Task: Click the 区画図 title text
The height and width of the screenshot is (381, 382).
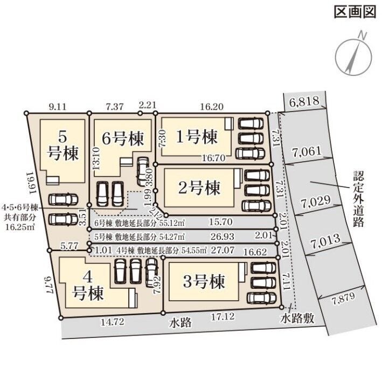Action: [x=355, y=12]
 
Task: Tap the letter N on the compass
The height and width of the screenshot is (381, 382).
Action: [x=363, y=36]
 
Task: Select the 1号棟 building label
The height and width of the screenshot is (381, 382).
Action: [x=197, y=137]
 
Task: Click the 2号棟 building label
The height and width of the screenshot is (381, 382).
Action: [x=199, y=188]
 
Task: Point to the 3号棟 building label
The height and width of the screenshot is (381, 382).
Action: [x=204, y=281]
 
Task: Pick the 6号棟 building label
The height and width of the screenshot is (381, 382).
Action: [x=123, y=139]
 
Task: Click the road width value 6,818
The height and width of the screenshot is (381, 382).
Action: [x=304, y=101]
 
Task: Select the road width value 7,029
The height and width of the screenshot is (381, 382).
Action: [x=316, y=202]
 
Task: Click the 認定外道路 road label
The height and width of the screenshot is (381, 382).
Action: [x=358, y=198]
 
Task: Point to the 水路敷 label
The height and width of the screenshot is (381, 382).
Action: [x=297, y=318]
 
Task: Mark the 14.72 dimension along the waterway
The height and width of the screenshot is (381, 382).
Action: [x=113, y=322]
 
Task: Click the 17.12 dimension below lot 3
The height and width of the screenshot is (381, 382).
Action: [x=223, y=316]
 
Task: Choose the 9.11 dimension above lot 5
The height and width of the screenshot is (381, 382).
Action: [x=58, y=107]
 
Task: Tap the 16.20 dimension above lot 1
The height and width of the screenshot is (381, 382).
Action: [x=211, y=107]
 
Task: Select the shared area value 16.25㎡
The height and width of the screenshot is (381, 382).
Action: [x=20, y=227]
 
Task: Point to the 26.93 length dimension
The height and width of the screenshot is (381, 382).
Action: [x=223, y=236]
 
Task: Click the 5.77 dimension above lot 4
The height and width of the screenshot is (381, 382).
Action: [x=69, y=246]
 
